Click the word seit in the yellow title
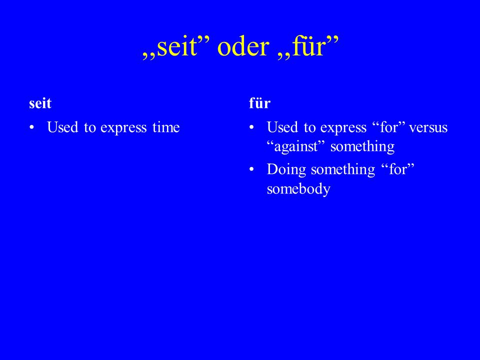coord(176,46)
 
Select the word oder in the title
coord(243,46)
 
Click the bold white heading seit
coord(40,103)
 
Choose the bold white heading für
coord(259,103)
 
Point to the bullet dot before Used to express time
coord(31,127)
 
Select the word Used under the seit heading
coord(62,127)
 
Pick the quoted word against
coord(295,146)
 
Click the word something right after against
coord(362,146)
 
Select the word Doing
coord(286,170)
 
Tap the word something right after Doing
coord(343,170)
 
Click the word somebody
coord(298,188)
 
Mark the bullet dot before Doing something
coord(251,169)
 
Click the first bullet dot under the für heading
coord(251,127)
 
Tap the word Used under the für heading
coord(282,127)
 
